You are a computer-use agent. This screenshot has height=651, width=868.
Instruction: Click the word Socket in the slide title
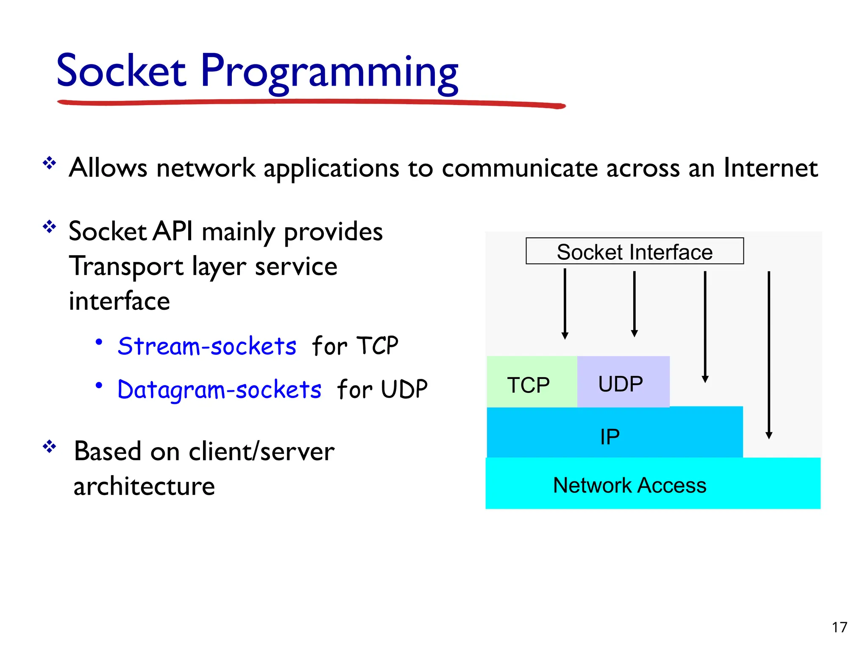tap(121, 71)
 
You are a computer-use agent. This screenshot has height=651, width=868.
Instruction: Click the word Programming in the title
tap(329, 72)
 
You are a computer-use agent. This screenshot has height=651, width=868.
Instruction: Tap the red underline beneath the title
tap(312, 102)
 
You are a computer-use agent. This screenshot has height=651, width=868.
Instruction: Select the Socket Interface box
tap(634, 251)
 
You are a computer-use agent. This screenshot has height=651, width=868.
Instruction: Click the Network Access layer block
tap(652, 484)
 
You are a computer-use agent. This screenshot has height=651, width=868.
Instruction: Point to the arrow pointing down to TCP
tap(565, 303)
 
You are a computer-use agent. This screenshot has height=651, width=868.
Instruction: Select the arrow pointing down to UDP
tap(634, 303)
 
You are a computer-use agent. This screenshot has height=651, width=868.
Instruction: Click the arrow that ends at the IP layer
tap(705, 326)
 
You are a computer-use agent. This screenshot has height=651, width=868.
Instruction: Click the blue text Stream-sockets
tap(207, 346)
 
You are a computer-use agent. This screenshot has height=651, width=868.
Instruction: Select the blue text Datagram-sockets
tap(219, 389)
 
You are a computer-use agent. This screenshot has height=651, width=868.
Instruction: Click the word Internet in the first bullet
tap(771, 168)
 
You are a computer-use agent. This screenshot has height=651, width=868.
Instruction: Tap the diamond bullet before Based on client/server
tap(50, 446)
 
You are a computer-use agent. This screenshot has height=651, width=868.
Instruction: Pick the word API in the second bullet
tap(172, 231)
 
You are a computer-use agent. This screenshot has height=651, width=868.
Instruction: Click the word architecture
tap(144, 486)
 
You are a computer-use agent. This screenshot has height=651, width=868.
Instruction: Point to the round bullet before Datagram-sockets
tap(99, 385)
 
